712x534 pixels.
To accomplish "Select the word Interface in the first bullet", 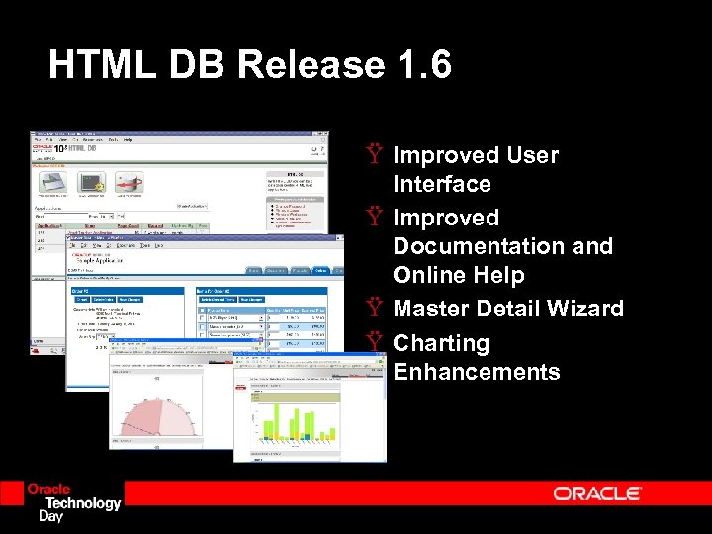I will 441,184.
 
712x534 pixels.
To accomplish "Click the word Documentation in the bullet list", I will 502,246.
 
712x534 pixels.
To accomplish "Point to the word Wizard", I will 587,309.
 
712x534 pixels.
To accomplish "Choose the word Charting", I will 441,343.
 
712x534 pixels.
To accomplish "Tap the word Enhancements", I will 476,372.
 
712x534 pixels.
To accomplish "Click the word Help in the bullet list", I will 497,275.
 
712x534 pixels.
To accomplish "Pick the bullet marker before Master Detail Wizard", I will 373,309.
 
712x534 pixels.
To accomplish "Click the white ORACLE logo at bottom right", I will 597,492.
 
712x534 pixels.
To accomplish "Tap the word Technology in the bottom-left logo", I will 79,503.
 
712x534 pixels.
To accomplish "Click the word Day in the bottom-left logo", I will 50,516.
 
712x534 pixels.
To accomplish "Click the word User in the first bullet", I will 532,155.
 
